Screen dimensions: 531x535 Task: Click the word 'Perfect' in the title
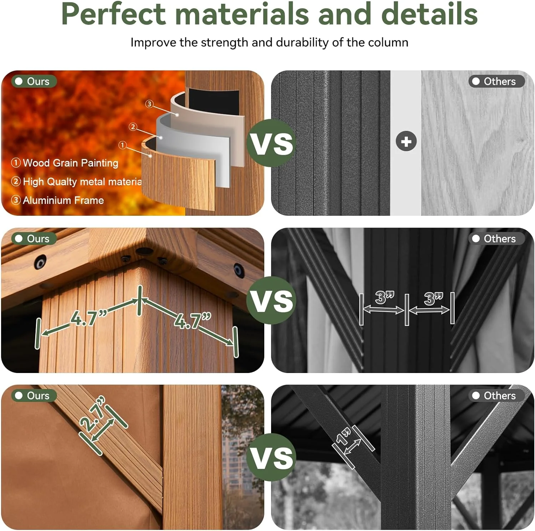[x=113, y=14]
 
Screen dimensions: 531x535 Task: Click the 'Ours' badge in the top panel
[x=34, y=81]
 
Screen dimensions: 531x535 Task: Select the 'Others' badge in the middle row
[x=496, y=239]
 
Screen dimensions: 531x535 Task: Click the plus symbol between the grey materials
[x=406, y=142]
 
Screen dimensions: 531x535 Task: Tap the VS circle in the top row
[x=271, y=143]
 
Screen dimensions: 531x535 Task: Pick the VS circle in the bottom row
[x=271, y=458]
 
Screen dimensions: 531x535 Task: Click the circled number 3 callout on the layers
[x=149, y=104]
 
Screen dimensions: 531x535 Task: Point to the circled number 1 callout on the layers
[x=123, y=145]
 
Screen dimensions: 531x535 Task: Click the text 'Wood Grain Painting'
[x=70, y=163]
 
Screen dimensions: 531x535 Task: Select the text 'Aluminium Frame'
[x=63, y=200]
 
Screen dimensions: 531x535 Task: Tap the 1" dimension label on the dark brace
[x=344, y=437]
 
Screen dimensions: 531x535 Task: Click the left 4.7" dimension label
[x=88, y=317]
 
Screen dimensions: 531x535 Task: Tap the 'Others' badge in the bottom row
[x=496, y=395]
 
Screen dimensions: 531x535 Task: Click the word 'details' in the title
[x=429, y=14]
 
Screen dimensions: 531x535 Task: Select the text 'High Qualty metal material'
[x=82, y=182]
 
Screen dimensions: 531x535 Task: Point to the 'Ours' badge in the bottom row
[x=34, y=395]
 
